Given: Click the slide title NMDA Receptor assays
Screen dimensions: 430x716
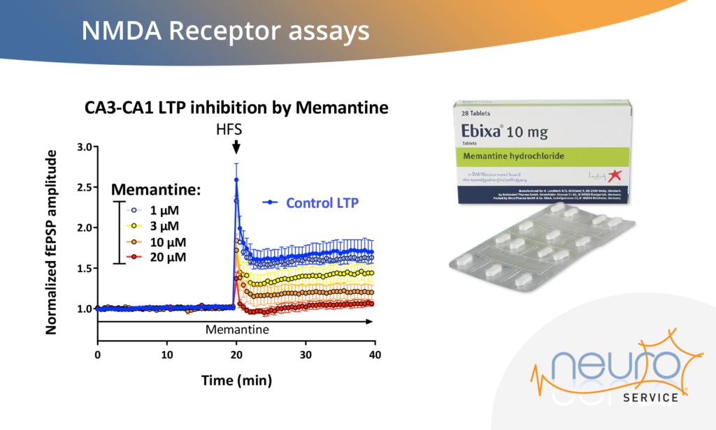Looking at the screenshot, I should [224, 31].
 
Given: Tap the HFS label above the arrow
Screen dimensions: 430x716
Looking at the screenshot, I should [236, 129].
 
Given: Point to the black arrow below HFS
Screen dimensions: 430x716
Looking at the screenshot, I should [236, 147].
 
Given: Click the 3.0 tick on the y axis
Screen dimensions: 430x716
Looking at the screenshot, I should [84, 147].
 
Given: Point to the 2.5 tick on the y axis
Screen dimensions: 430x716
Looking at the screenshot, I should [84, 188].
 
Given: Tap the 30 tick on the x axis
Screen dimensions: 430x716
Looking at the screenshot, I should [305, 355].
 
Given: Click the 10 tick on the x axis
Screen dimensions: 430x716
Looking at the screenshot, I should [166, 355].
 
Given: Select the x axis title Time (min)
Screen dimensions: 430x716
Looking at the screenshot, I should [236, 380].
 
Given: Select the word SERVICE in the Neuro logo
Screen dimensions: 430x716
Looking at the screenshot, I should [650, 397].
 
